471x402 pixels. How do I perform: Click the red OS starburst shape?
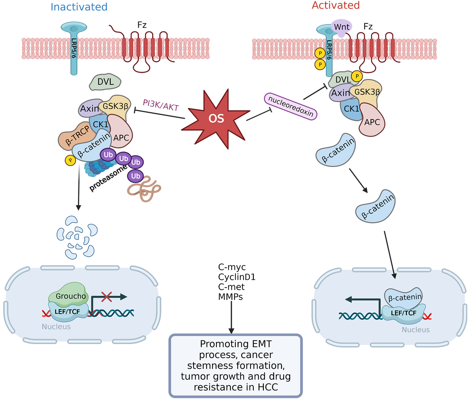216,119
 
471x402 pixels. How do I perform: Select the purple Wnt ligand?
341,27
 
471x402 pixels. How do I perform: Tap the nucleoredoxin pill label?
291,106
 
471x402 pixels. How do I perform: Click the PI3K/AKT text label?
161,105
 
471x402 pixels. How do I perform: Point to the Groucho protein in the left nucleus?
69,294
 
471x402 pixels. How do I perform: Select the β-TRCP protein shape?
76,136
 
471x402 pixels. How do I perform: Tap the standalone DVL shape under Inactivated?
105,82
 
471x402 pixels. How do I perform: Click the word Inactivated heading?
79,7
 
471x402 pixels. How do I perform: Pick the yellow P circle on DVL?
357,76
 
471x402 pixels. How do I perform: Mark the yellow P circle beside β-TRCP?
70,160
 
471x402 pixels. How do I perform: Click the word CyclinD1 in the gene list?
237,277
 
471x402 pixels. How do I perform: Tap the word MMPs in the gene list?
230,297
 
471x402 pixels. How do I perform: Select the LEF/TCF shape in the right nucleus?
403,314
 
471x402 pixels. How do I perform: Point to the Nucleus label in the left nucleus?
56,327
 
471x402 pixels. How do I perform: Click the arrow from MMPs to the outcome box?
231,317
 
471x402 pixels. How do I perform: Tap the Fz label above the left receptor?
142,25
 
